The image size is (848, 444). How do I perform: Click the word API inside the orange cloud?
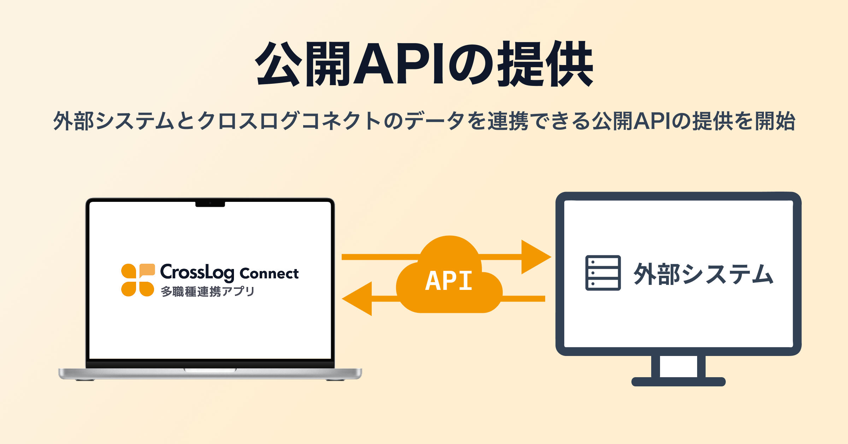coord(449,281)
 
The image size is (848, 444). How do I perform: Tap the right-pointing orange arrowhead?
coord(535,257)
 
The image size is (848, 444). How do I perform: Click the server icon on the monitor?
coord(603,273)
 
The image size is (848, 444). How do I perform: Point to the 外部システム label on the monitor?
coord(703,274)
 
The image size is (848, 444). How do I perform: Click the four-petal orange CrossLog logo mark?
coord(138,280)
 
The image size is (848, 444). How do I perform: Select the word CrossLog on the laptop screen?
coord(197,272)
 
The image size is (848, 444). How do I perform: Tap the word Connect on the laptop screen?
coord(269,274)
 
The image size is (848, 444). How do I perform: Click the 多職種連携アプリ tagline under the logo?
coord(208,292)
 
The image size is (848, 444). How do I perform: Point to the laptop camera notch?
coord(210,204)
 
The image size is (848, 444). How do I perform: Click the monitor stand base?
coord(678,382)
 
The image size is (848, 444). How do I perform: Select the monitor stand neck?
coord(678,366)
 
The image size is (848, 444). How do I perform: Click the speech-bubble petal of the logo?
coord(147,270)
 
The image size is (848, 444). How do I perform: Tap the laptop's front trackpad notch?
coord(210,370)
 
